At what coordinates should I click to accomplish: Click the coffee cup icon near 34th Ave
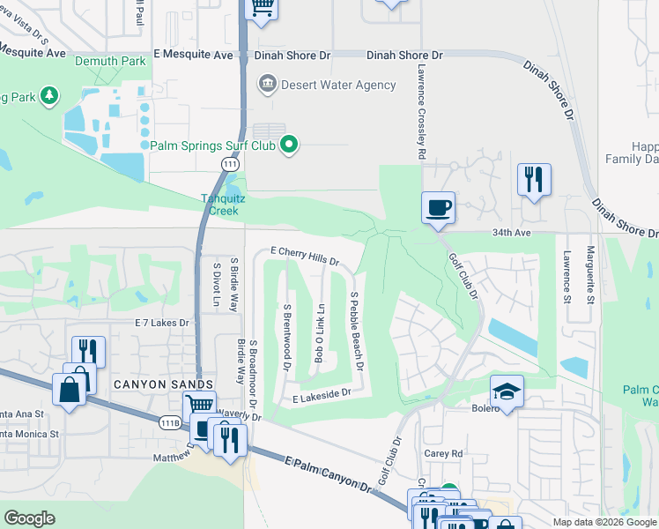coord(438,209)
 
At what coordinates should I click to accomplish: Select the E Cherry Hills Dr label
coord(305,256)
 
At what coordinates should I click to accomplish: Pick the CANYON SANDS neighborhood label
coord(163,384)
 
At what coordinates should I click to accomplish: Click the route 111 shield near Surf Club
coord(229,165)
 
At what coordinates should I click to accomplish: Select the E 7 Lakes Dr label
coord(162,324)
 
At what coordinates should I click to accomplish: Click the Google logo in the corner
coord(30,518)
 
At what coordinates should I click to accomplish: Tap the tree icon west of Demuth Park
coord(49,94)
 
